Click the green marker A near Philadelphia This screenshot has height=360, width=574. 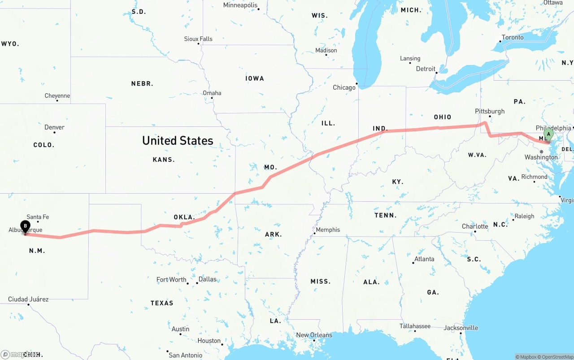point(548,134)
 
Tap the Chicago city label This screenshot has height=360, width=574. point(344,87)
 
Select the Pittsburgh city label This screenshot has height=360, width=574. point(490,111)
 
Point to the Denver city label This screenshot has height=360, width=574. point(54,127)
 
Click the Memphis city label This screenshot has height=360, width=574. point(328,230)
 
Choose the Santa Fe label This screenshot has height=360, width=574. point(38,217)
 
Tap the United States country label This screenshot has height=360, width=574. point(178,140)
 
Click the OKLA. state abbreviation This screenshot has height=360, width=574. point(184,217)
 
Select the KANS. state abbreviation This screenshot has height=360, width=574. point(164,160)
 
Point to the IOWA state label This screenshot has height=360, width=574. point(255,78)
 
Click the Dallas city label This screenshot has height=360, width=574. point(207,279)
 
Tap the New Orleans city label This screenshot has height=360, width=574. point(314,335)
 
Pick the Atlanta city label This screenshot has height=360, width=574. point(424,259)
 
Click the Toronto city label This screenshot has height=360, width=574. point(513,37)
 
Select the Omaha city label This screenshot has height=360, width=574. point(212,93)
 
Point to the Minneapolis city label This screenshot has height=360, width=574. point(240,5)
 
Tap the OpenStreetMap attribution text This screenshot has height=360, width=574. point(557,357)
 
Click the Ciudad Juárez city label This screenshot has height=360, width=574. point(28,299)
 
